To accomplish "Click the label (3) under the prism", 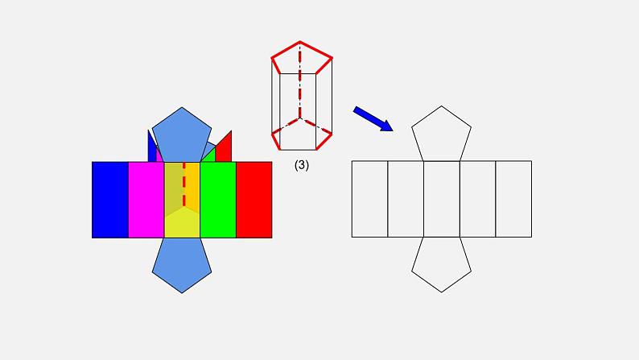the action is click(301, 166).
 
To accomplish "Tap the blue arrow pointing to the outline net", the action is click(373, 118).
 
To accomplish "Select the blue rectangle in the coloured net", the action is click(110, 200).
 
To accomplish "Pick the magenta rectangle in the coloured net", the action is click(146, 200).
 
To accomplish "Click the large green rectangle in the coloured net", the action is click(217, 200).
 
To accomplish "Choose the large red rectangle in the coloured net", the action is click(254, 200).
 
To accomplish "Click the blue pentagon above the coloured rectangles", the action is click(182, 134).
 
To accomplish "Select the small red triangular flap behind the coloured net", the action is click(225, 148).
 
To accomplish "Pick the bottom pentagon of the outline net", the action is click(441, 263).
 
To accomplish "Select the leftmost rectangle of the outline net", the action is click(369, 199).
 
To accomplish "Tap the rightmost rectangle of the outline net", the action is click(513, 199).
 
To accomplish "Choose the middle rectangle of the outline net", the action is click(441, 199).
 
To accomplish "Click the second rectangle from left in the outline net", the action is click(406, 199).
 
